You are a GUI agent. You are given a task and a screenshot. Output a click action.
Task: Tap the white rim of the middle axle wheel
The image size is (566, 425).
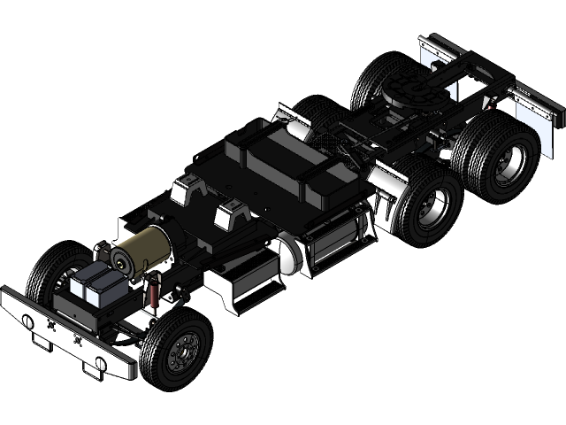(432, 210)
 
